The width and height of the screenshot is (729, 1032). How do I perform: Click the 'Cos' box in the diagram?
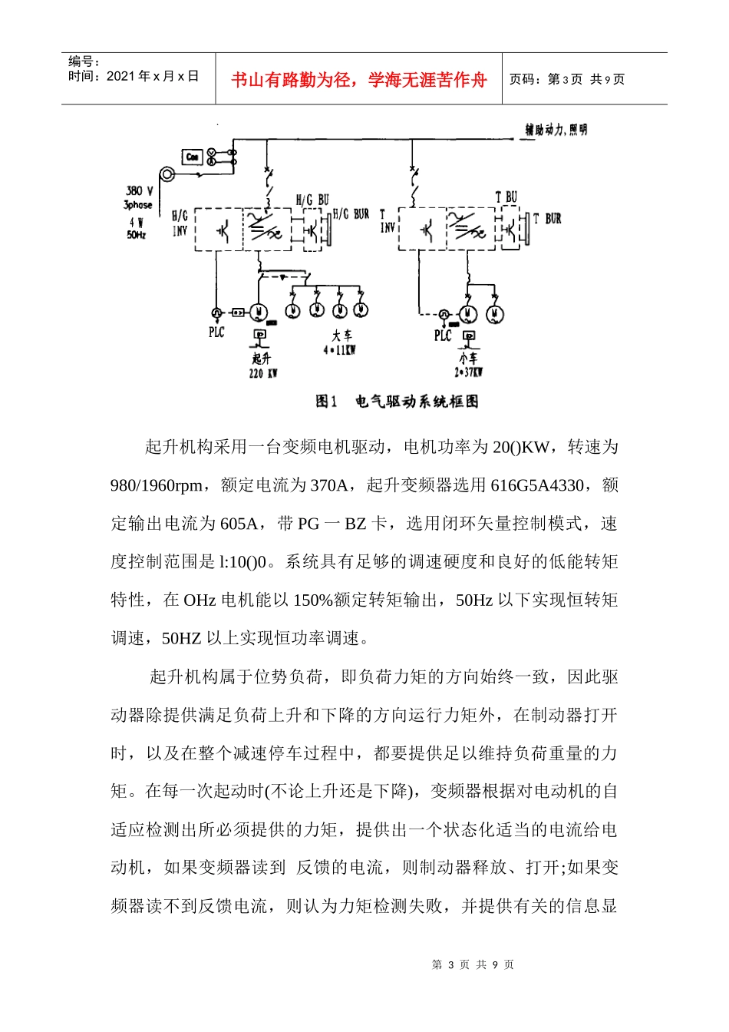click(192, 157)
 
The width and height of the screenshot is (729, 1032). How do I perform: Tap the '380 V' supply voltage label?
click(139, 190)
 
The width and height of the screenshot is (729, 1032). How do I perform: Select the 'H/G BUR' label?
click(351, 214)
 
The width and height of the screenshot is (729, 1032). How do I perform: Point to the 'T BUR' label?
click(547, 219)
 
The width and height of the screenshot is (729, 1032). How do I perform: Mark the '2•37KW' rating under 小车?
click(468, 372)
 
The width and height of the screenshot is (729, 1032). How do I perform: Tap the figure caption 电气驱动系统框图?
click(417, 401)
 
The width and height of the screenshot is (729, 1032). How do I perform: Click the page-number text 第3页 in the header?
click(565, 79)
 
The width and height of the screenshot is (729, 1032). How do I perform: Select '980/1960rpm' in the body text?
click(157, 485)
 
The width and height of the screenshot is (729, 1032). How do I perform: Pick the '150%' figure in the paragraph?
click(313, 600)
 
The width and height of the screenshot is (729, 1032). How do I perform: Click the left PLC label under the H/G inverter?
click(216, 332)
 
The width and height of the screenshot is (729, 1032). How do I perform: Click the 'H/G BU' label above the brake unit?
click(312, 200)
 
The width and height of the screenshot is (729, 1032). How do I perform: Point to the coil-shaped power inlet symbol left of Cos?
click(167, 175)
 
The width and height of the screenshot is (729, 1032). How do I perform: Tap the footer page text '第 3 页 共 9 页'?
click(473, 964)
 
